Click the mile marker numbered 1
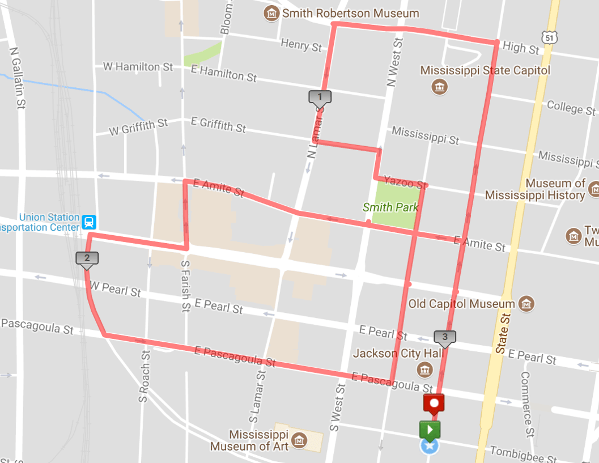pos(320,97)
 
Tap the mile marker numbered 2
pos(87,258)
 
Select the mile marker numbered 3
pos(445,338)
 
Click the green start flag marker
pos(430,430)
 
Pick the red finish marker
pos(434,403)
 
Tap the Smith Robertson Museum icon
pos(272,13)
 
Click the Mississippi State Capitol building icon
pos(439,87)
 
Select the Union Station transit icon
pos(89,222)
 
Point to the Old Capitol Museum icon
pos(527,304)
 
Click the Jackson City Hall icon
pos(423,370)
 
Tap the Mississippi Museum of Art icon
pos(299,440)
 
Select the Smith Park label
pos(390,207)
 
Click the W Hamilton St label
pos(138,67)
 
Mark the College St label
pos(571,107)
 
